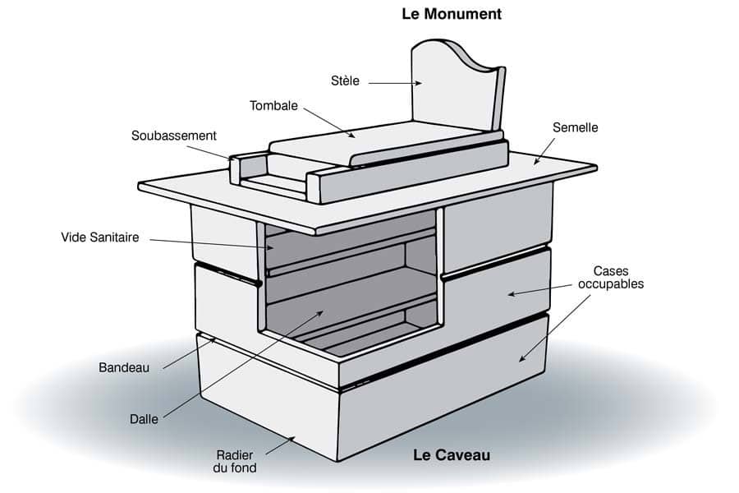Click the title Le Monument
(x=452, y=14)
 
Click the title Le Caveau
(x=452, y=455)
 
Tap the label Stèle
(x=345, y=81)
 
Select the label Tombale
(x=273, y=106)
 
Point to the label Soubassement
(x=173, y=136)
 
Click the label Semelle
(x=575, y=127)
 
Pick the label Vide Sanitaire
(x=100, y=237)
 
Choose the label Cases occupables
(x=611, y=278)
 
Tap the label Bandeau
(x=124, y=367)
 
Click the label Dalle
(x=144, y=419)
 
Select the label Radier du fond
(x=235, y=462)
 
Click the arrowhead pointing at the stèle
(x=419, y=84)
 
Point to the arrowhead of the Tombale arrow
(x=351, y=136)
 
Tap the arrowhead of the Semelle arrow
(x=536, y=161)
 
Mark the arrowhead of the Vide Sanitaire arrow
(x=269, y=247)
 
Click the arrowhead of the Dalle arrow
(x=319, y=313)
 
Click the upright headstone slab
(x=458, y=85)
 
